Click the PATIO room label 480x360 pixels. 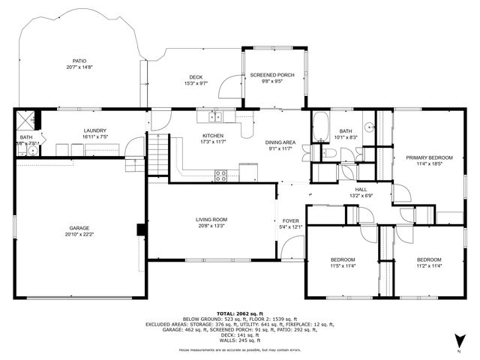pyautogui.click(x=79, y=61)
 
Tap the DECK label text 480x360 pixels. pyautogui.click(x=196, y=77)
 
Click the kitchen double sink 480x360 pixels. pyautogui.click(x=215, y=116)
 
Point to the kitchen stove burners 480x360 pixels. pyautogui.click(x=221, y=175)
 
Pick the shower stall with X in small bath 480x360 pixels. pyautogui.click(x=27, y=118)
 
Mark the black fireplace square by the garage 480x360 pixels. pyautogui.click(x=139, y=230)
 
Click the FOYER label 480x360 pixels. pyautogui.click(x=290, y=221)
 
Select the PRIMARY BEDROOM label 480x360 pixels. pyautogui.click(x=429, y=157)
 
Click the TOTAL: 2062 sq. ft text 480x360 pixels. pyautogui.click(x=238, y=313)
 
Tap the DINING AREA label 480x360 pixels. pyautogui.click(x=280, y=142)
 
